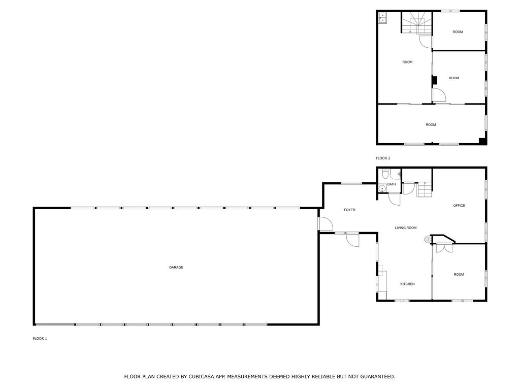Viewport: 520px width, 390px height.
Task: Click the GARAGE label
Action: click(x=176, y=267)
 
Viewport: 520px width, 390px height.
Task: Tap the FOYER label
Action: click(x=349, y=210)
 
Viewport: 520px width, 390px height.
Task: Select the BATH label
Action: click(x=392, y=184)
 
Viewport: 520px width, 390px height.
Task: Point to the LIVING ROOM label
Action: click(x=406, y=228)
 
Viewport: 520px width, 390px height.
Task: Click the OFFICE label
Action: click(x=459, y=206)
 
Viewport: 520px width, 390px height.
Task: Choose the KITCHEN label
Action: click(x=407, y=284)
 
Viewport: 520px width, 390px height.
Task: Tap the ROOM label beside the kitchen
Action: click(x=459, y=275)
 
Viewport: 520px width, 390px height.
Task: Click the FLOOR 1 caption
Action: click(x=40, y=339)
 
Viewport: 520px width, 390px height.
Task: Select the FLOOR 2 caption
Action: click(x=383, y=158)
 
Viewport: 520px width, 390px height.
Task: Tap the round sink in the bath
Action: click(x=382, y=189)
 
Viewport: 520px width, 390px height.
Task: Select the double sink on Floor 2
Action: click(x=382, y=18)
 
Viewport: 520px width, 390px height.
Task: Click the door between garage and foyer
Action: click(x=326, y=224)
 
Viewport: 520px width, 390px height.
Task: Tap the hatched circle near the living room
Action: click(x=427, y=239)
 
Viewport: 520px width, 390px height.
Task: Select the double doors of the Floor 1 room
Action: click(x=444, y=248)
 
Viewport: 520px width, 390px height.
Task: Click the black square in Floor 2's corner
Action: click(x=482, y=141)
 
